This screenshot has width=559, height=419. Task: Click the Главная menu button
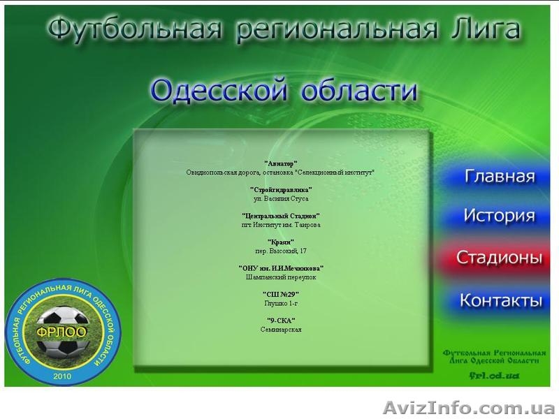pyautogui.click(x=500, y=176)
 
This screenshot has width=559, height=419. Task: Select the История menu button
pyautogui.click(x=499, y=216)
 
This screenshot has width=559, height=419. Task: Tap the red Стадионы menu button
pyautogui.click(x=499, y=257)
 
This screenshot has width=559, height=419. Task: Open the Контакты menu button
pyautogui.click(x=500, y=301)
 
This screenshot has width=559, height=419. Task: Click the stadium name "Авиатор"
pyautogui.click(x=281, y=163)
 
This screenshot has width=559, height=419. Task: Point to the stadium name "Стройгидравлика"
pyautogui.click(x=281, y=189)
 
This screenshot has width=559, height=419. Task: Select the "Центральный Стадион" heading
pyautogui.click(x=281, y=216)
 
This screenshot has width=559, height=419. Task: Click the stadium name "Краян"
pyautogui.click(x=281, y=242)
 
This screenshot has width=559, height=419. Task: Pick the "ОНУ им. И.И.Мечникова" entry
pyautogui.click(x=281, y=268)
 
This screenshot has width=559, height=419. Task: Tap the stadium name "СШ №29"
pyautogui.click(x=281, y=295)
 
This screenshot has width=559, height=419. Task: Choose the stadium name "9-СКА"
pyautogui.click(x=281, y=321)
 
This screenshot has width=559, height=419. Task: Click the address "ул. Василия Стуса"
pyautogui.click(x=281, y=198)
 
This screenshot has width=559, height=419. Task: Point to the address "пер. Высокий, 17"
pyautogui.click(x=281, y=251)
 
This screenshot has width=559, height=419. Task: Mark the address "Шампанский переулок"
pyautogui.click(x=281, y=277)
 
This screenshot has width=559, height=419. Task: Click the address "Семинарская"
pyautogui.click(x=281, y=330)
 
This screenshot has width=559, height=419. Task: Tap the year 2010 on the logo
pyautogui.click(x=62, y=376)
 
